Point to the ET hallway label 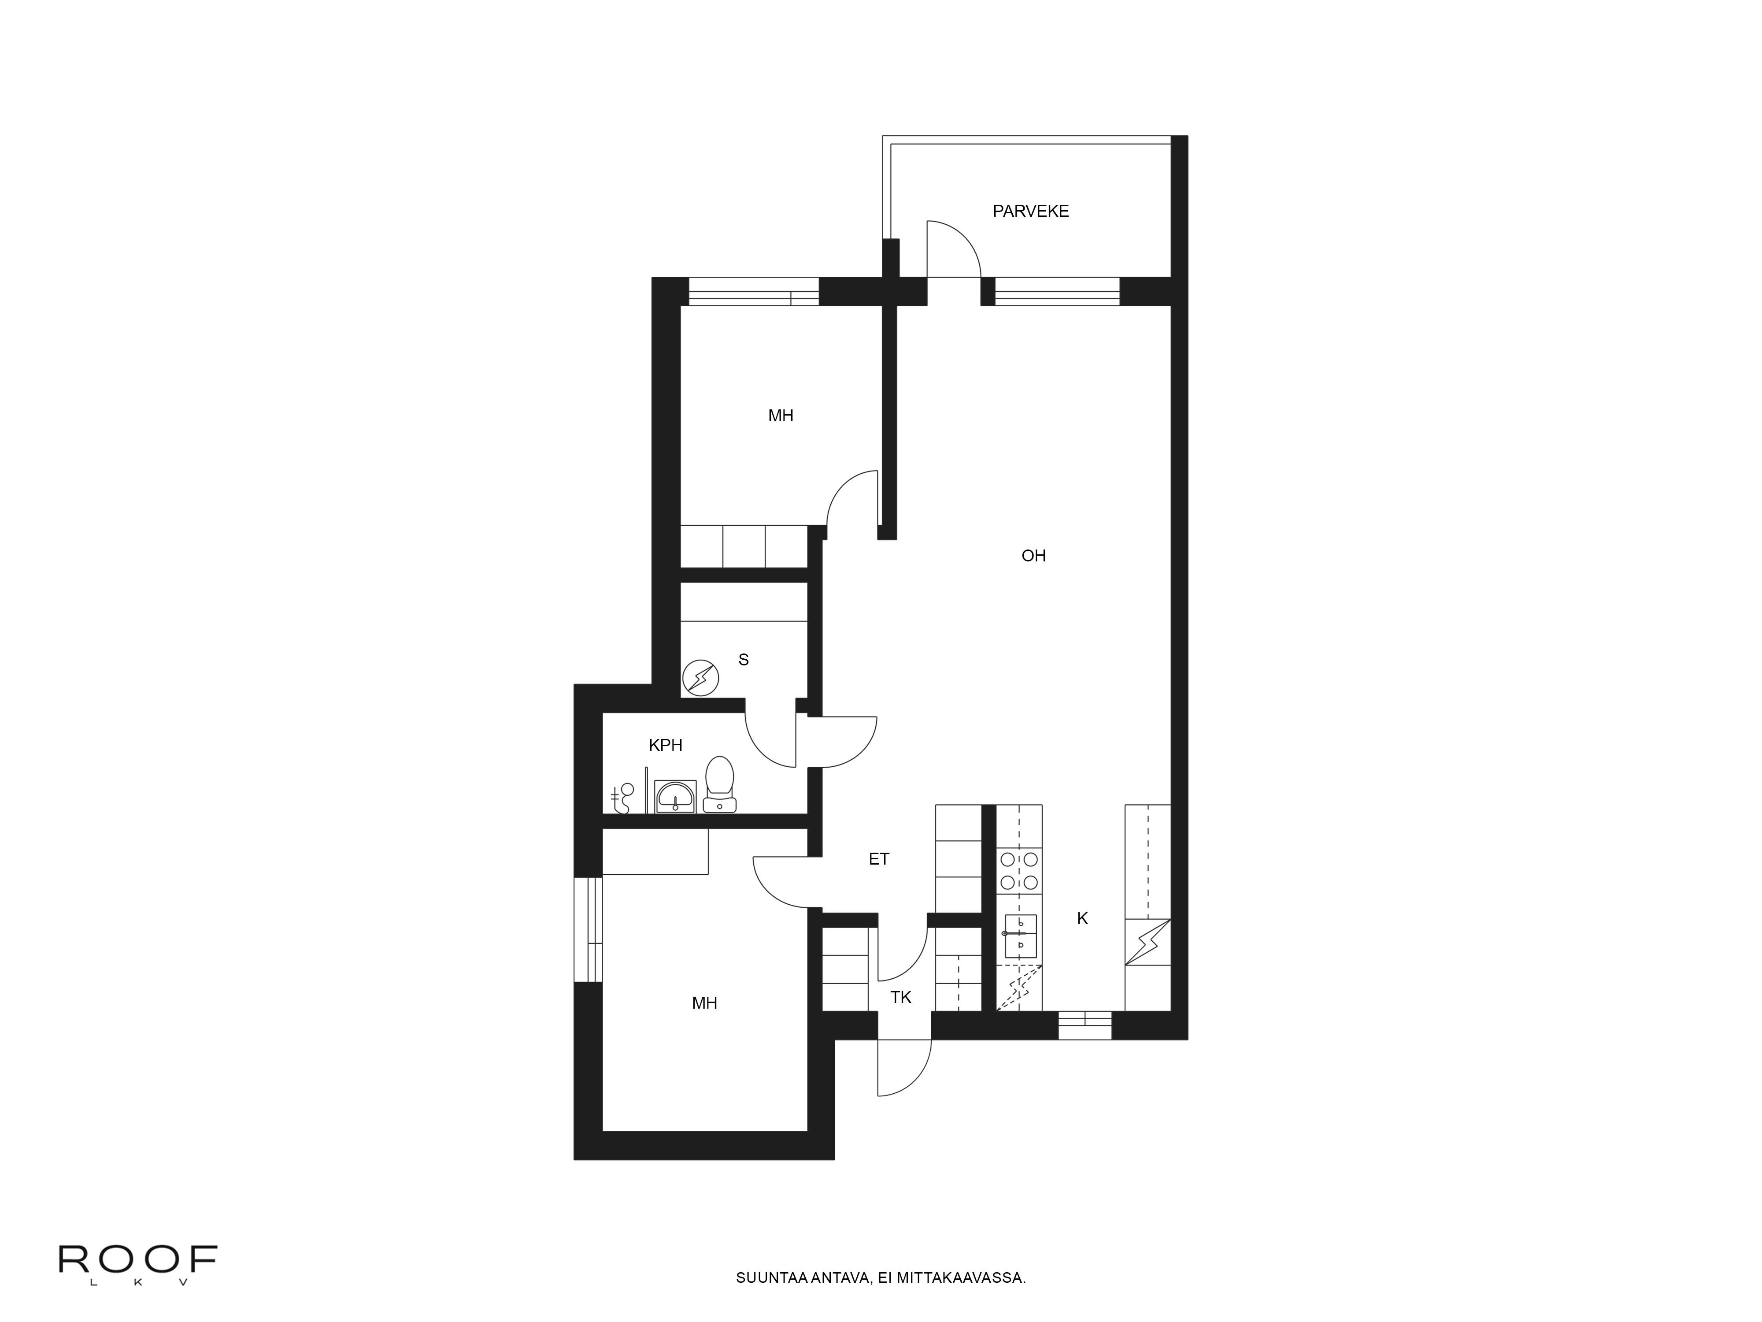tap(879, 859)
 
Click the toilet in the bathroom tap(719, 785)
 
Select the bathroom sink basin tap(675, 796)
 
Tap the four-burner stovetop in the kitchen tap(1019, 871)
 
